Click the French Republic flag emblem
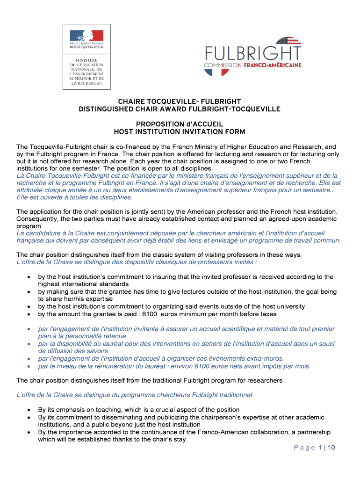86,35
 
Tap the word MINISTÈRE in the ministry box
84,60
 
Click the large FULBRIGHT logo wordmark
253,52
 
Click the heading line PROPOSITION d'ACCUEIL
180,124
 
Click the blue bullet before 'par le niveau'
29,366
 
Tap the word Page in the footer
304,448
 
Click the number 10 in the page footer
331,448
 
